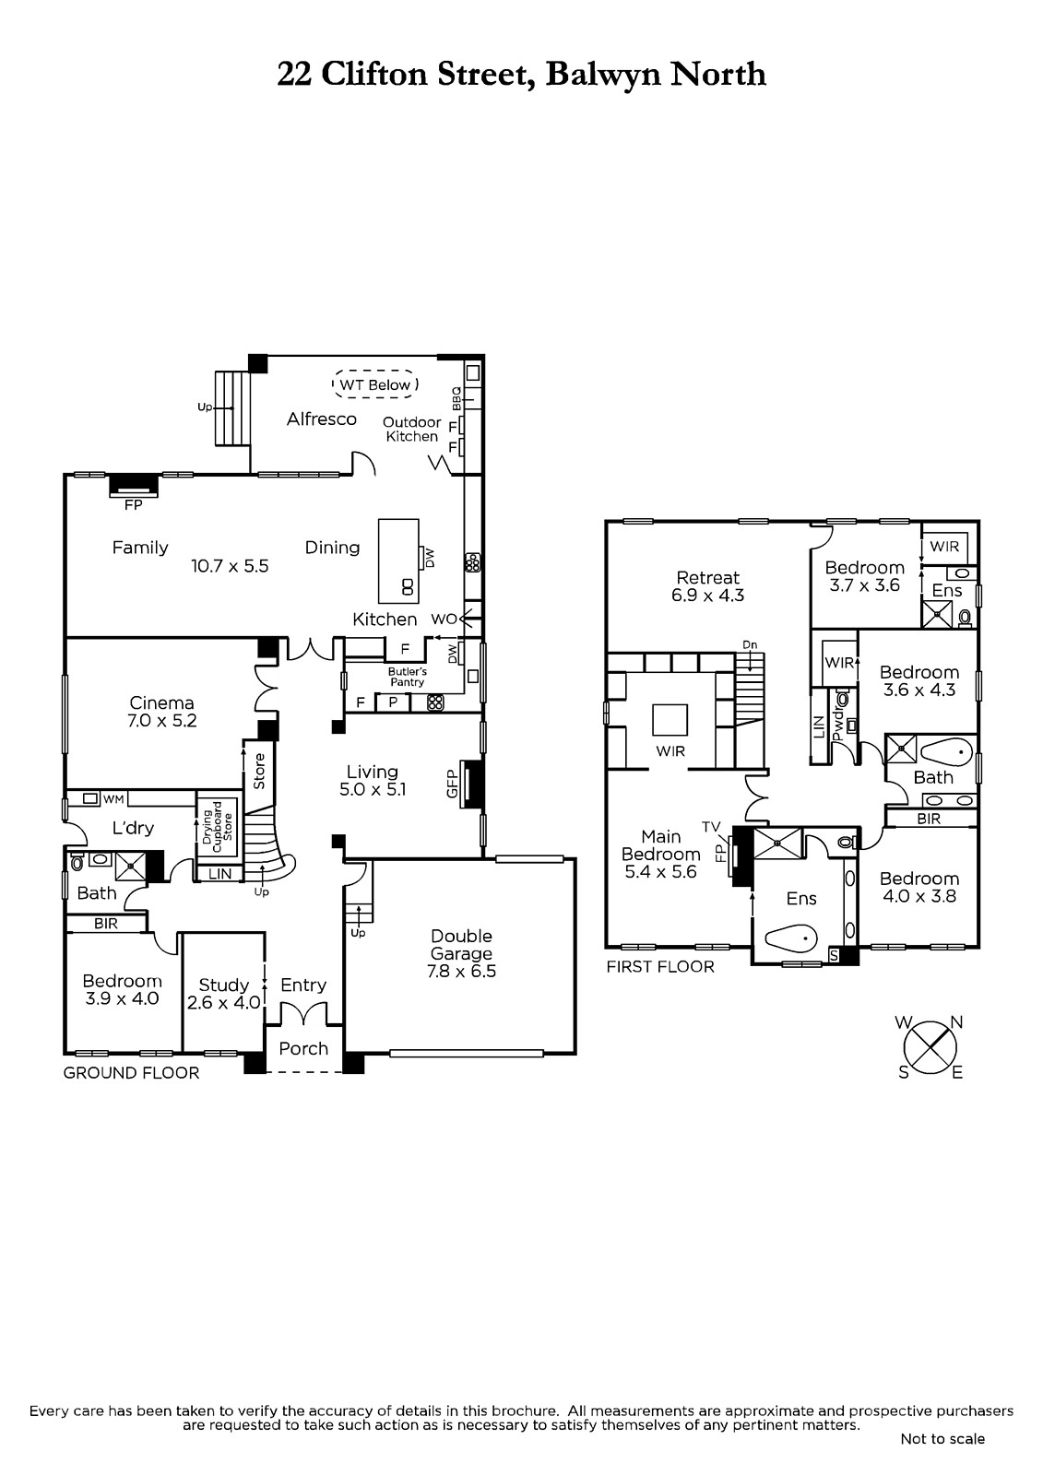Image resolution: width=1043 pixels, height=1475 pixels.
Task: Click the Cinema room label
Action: tap(161, 702)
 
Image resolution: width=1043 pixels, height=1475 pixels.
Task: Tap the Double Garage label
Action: tap(461, 944)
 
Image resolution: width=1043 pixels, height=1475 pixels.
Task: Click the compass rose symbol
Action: tap(930, 1047)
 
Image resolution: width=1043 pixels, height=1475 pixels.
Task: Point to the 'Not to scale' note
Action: tap(942, 1439)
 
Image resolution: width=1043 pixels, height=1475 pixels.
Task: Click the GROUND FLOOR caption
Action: tap(131, 1073)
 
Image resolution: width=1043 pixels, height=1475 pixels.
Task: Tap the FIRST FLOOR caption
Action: tap(660, 967)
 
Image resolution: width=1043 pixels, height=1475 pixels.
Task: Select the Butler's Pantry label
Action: tap(408, 677)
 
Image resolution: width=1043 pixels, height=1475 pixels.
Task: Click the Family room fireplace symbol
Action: tap(134, 486)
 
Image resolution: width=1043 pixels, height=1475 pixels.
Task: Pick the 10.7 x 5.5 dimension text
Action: tap(230, 566)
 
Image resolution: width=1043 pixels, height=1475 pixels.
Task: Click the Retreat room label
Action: tap(708, 577)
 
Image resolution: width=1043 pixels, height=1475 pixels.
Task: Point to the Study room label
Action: tap(224, 985)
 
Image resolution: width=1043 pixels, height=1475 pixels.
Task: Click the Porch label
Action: tap(303, 1048)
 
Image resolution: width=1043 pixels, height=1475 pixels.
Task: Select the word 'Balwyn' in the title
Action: tap(603, 75)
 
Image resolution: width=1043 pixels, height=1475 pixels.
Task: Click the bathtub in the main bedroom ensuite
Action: tap(791, 937)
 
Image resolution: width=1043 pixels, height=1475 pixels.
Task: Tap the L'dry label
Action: tap(133, 828)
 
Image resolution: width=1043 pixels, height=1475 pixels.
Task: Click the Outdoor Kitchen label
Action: tap(412, 430)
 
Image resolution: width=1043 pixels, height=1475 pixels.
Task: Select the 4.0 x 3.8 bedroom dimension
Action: tap(919, 896)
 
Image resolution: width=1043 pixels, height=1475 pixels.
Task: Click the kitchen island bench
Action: tap(398, 561)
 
